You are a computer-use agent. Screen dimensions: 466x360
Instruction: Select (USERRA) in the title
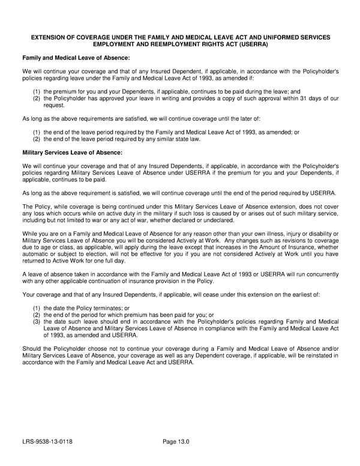click(x=251, y=44)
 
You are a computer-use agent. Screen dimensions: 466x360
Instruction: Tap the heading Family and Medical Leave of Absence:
click(x=76, y=58)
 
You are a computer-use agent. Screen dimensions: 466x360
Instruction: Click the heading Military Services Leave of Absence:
click(x=72, y=153)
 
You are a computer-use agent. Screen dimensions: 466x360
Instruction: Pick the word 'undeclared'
click(x=220, y=221)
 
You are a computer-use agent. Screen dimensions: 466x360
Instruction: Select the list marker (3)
click(x=37, y=321)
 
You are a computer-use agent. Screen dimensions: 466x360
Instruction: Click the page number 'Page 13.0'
click(x=176, y=443)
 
